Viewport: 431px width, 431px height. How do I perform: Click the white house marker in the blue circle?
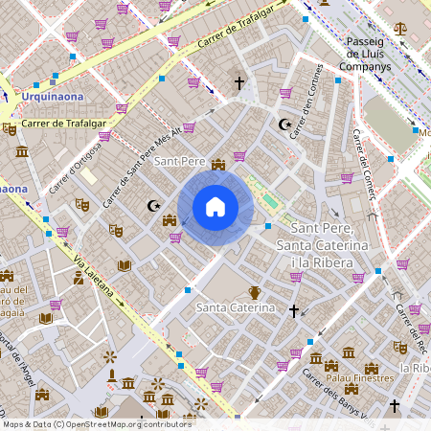pos(215,207)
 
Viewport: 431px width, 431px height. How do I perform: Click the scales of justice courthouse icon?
pos(399,28)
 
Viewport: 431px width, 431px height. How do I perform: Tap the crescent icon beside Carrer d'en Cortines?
pos(283,125)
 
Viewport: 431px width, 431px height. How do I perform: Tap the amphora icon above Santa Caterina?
pos(255,291)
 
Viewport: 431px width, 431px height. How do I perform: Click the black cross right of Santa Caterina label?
pos(293,310)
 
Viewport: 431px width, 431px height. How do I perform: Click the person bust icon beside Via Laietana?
pos(78,279)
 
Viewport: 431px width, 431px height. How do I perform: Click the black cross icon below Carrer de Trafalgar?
pos(239,84)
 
